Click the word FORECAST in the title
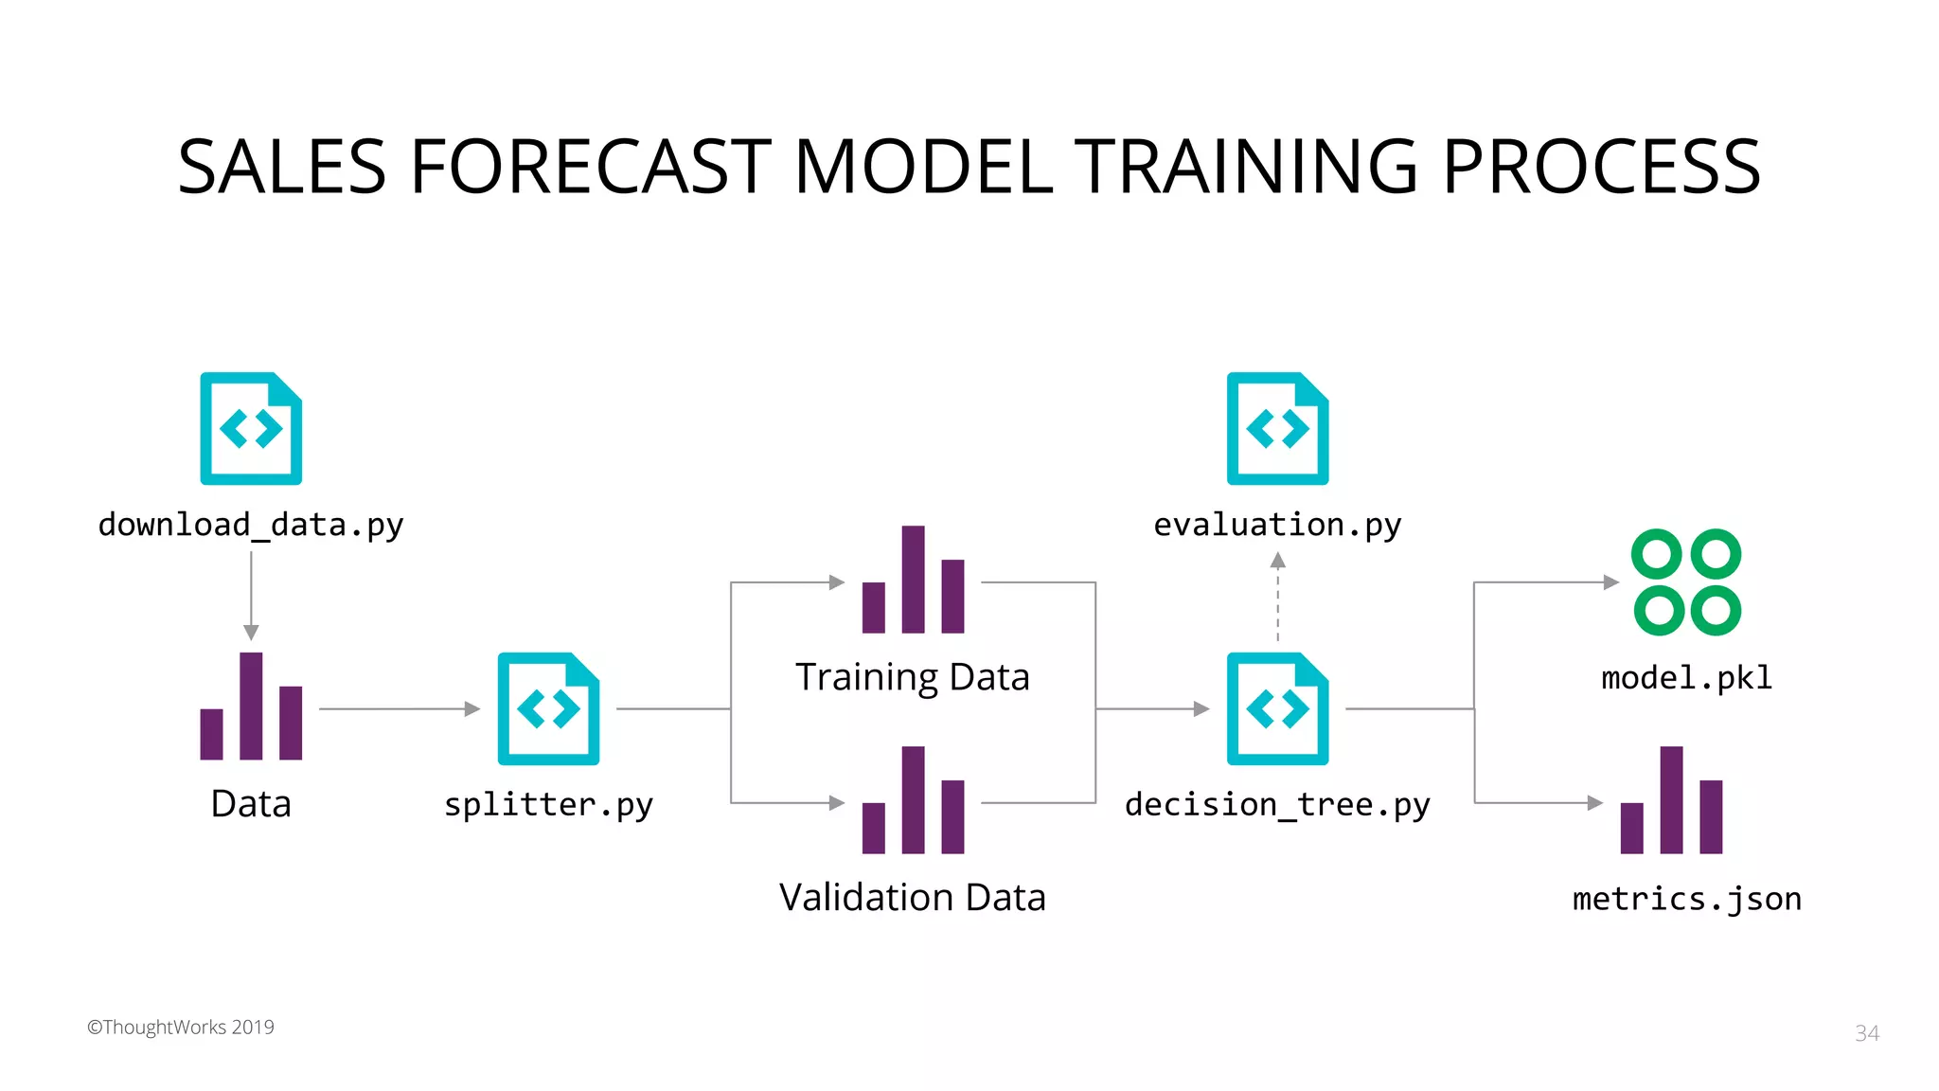[x=590, y=167]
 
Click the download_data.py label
[x=251, y=524]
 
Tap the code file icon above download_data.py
[x=251, y=428]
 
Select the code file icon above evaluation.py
[x=1277, y=428]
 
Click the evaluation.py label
[x=1277, y=524]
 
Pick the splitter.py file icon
[x=548, y=708]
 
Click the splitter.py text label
[x=548, y=804]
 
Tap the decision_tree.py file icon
[x=1277, y=708]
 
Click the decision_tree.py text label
[x=1277, y=804]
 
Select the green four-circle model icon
[x=1686, y=581]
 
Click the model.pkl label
[x=1686, y=677]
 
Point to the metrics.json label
[x=1686, y=898]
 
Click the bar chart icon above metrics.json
[x=1671, y=801]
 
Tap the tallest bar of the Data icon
[x=251, y=706]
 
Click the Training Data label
[x=912, y=677]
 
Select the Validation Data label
[x=912, y=897]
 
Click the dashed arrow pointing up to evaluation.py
[x=1277, y=597]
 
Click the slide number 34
[x=1866, y=1033]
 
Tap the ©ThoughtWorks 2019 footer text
[x=181, y=1028]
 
